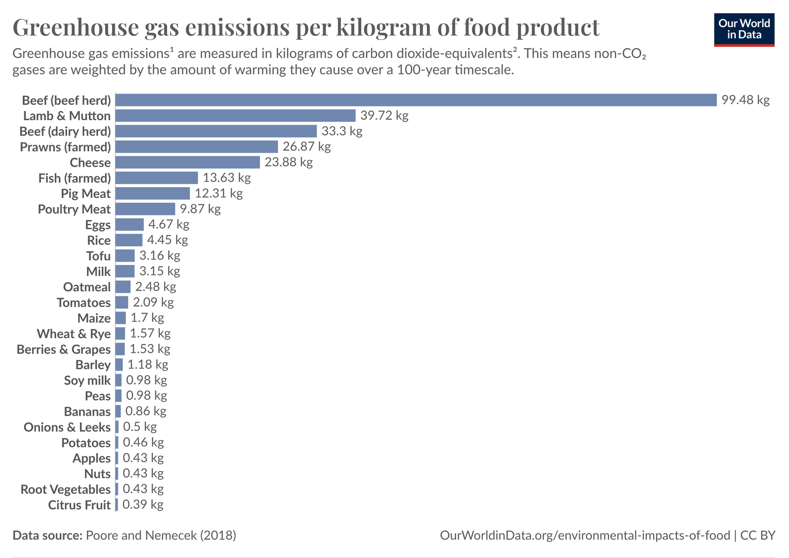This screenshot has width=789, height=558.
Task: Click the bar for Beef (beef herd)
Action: [x=416, y=100]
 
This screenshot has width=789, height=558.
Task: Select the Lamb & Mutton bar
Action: [x=235, y=116]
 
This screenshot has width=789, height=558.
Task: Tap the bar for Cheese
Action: [x=187, y=162]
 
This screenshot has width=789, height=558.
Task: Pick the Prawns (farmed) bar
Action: [x=197, y=147]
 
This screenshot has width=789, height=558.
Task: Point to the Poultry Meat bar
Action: [x=145, y=209]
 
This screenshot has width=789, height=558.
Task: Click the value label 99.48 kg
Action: [x=745, y=100]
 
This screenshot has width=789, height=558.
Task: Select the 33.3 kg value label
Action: [x=342, y=131]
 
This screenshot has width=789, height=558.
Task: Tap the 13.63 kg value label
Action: [x=227, y=177]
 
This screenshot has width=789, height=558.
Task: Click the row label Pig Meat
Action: [x=86, y=194]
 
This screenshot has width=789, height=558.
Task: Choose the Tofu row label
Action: [x=98, y=256]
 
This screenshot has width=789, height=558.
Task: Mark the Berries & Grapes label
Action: [x=64, y=349]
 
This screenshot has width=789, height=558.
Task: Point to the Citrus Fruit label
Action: [x=79, y=505]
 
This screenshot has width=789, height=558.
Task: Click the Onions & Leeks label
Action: [x=67, y=427]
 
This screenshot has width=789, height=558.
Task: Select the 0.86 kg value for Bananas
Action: [x=145, y=411]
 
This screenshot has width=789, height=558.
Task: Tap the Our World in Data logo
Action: [x=744, y=30]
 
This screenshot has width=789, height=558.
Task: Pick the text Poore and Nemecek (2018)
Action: [x=161, y=535]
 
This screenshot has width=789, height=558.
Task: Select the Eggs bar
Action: [x=129, y=225]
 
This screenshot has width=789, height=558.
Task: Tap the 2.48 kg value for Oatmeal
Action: [x=155, y=287]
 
